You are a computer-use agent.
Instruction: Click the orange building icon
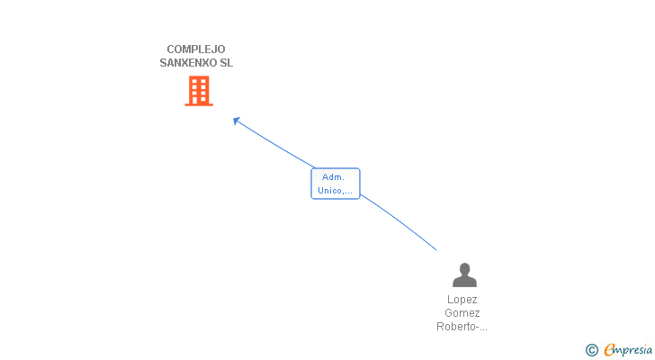point(199,90)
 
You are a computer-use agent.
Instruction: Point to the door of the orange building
point(199,101)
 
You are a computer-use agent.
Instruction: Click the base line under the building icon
point(199,105)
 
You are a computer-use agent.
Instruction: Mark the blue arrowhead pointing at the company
point(237,121)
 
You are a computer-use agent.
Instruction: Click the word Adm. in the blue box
point(335,177)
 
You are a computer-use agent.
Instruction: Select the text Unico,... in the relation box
point(335,190)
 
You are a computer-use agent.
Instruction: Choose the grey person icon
point(464,274)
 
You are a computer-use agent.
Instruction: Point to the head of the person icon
point(464,268)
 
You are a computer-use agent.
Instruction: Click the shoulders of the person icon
point(464,282)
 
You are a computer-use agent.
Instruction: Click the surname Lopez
point(462,300)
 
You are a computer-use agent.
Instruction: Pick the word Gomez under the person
point(462,313)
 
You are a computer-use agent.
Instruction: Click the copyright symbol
point(591,350)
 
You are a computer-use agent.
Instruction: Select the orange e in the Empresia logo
point(609,350)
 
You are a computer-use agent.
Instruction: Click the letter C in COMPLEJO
point(170,49)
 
